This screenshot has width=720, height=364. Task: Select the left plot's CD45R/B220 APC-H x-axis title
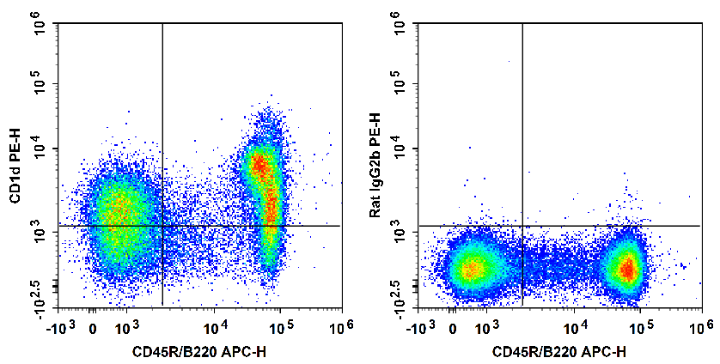tap(198, 352)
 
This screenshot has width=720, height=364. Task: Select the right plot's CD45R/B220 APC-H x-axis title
tap(559, 352)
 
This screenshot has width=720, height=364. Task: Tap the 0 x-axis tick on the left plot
tap(93, 328)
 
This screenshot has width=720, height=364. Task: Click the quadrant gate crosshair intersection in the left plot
tap(162, 226)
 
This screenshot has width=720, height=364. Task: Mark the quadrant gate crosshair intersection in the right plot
tap(522, 226)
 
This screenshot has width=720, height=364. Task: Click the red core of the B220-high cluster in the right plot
tap(628, 270)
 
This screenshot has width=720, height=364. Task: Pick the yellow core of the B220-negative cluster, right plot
tap(470, 270)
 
